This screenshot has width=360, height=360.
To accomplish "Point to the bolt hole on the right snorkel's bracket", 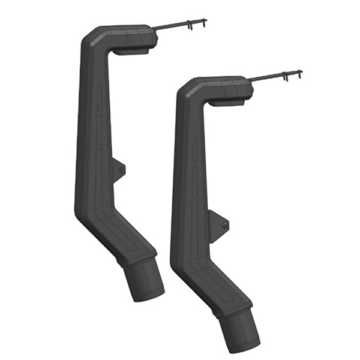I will (x=224, y=225).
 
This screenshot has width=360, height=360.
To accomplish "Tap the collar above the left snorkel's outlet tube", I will (x=136, y=259).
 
